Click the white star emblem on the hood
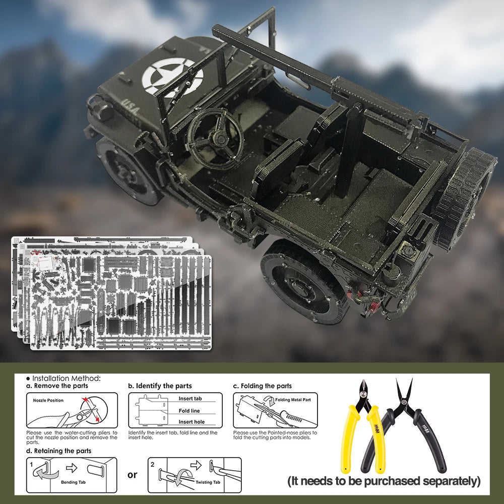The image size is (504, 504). tap(173, 77)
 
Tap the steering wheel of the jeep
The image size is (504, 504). tap(214, 137)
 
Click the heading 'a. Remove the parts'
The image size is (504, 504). tap(57, 386)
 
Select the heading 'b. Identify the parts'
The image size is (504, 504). tap(160, 386)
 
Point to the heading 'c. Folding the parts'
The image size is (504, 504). tap(262, 386)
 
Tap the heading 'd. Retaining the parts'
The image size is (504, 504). tap(58, 451)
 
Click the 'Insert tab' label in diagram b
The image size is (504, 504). tap(190, 399)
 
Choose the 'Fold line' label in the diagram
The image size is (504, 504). tap(189, 411)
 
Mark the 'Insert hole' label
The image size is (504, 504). tap(192, 422)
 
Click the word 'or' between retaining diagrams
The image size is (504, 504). tap(132, 475)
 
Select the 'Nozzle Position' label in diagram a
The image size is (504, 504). tap(48, 400)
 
